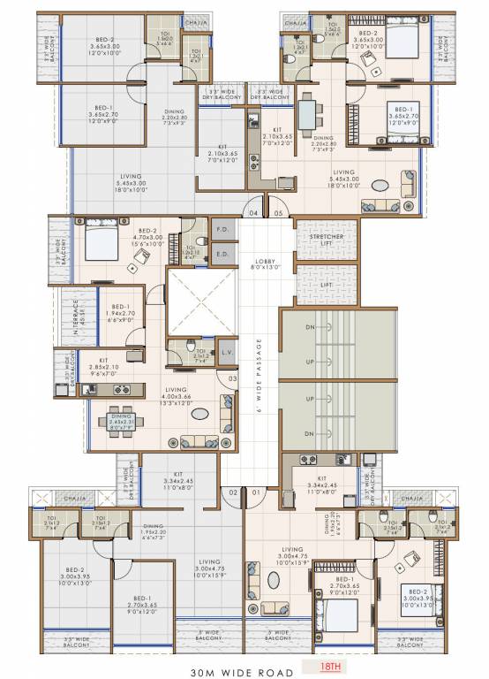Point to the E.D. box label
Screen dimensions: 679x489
click(x=221, y=254)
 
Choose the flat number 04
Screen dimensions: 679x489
click(x=253, y=213)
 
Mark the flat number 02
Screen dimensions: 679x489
click(x=234, y=492)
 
